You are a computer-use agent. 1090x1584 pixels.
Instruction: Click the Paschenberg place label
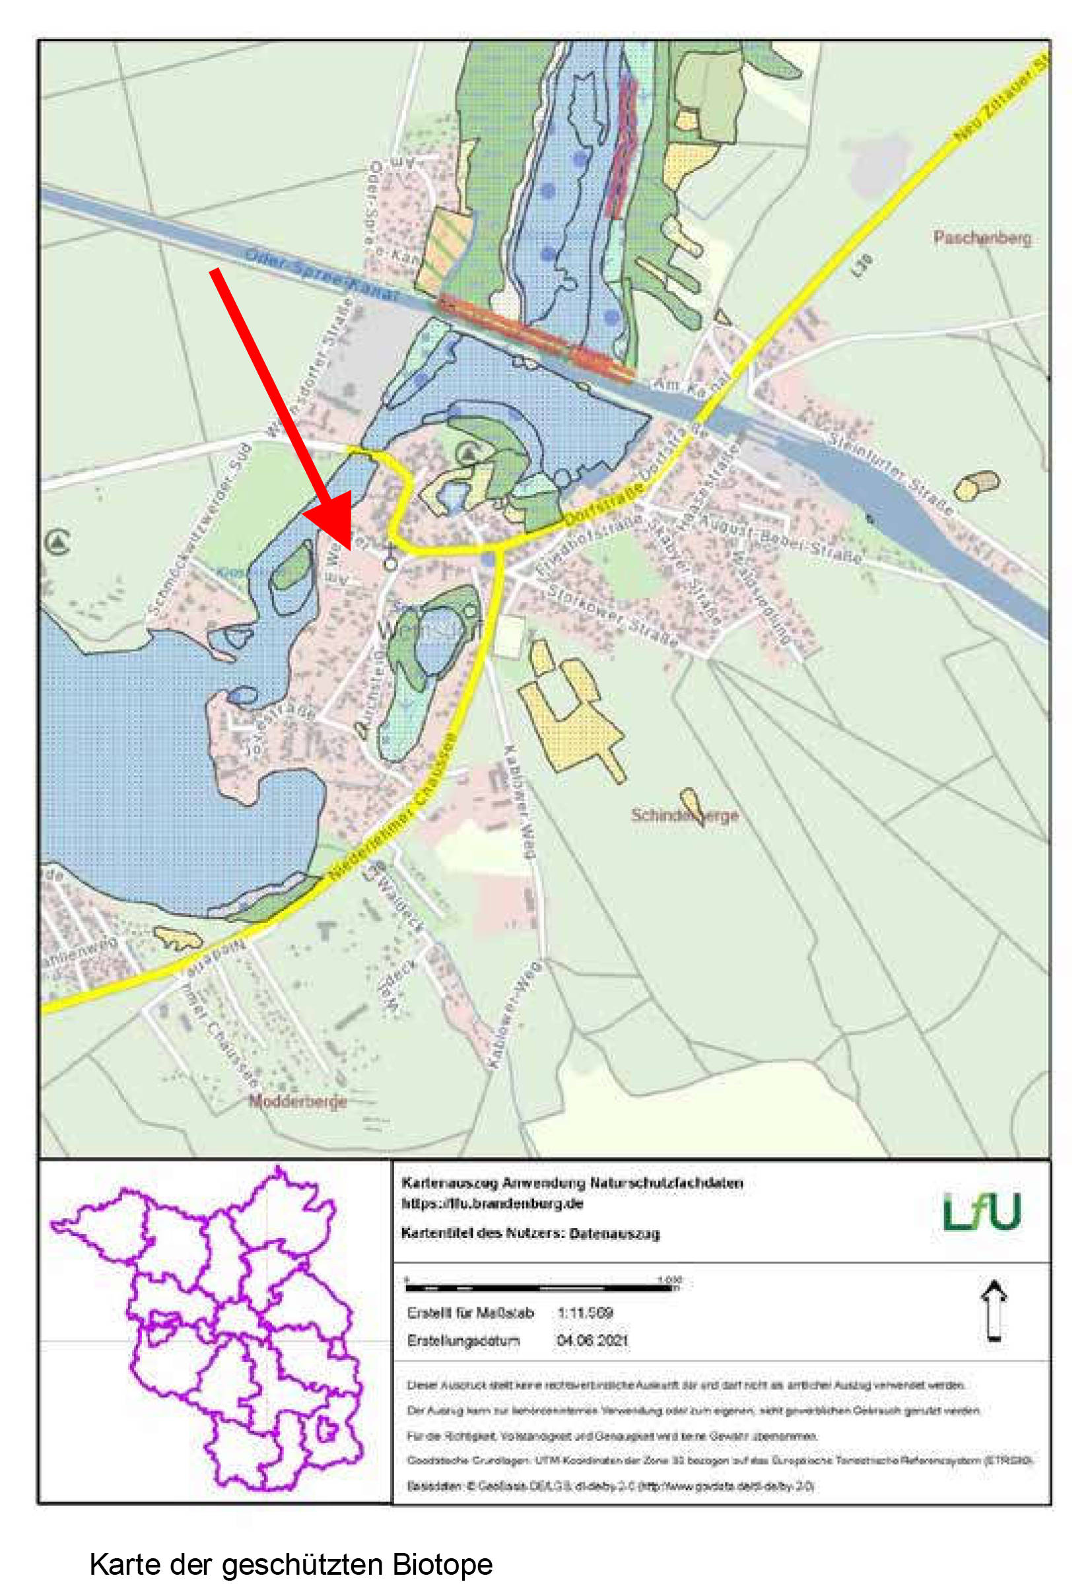pyautogui.click(x=982, y=238)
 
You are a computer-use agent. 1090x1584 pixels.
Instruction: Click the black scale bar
pyautogui.click(x=539, y=1288)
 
